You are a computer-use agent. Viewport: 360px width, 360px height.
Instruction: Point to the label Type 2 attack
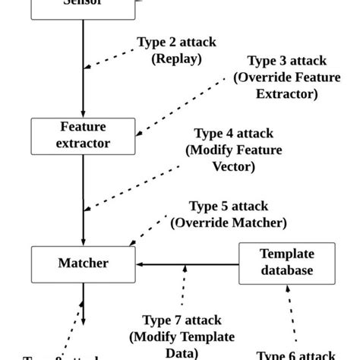tap(175, 42)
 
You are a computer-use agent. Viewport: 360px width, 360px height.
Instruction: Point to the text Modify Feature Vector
tap(234, 159)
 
